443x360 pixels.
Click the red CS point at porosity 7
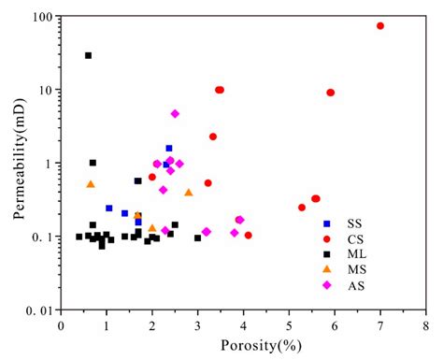pos(380,26)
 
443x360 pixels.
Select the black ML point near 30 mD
pos(88,55)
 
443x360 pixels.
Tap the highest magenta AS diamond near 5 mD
pos(175,114)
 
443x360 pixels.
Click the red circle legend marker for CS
pos(326,239)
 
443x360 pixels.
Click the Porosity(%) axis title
pos(243,344)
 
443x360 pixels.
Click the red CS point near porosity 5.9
pos(331,93)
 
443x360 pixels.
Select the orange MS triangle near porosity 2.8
pos(189,193)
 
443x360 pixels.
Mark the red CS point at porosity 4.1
pos(248,235)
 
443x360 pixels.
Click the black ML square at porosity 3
pos(197,238)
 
